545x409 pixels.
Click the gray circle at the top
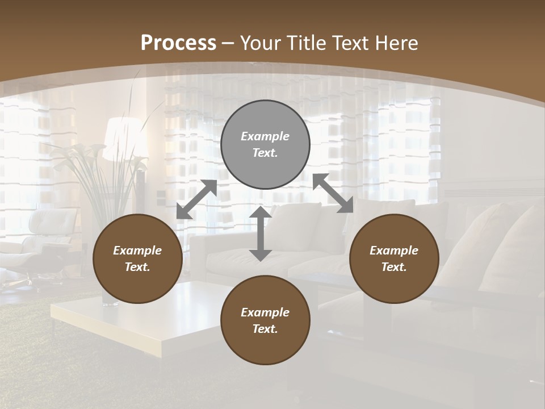(265, 145)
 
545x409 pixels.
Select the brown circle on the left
(137, 259)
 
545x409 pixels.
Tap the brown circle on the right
(394, 259)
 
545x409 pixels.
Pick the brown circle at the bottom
(265, 320)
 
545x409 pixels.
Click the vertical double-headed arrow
(261, 233)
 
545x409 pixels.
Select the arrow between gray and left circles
(196, 199)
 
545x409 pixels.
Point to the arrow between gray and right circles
(333, 193)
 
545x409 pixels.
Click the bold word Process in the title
(178, 43)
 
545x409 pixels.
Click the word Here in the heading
(397, 43)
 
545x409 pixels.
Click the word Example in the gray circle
(265, 136)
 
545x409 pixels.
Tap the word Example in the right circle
(394, 251)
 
